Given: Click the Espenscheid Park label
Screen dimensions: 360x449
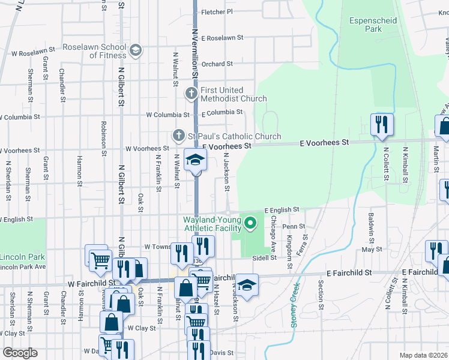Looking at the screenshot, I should point(373,25).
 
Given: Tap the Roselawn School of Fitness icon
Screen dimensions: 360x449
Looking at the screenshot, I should point(136,50).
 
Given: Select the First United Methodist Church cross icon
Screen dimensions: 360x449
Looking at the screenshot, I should point(191,93).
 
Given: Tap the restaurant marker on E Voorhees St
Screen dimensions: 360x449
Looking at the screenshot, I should point(382,125).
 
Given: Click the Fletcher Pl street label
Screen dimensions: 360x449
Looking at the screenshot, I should point(217,11).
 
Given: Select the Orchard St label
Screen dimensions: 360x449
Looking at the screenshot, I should point(217,64).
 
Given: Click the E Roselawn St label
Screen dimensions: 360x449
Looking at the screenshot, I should point(222,37).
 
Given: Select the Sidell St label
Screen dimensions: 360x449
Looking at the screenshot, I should point(264,257).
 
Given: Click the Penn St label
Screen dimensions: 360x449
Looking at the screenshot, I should point(294,226).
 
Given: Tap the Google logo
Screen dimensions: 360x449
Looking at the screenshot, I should point(20,353).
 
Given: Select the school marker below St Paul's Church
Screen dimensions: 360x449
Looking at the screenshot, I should point(196,161).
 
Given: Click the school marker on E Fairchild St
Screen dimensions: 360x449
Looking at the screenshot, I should point(246,285).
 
